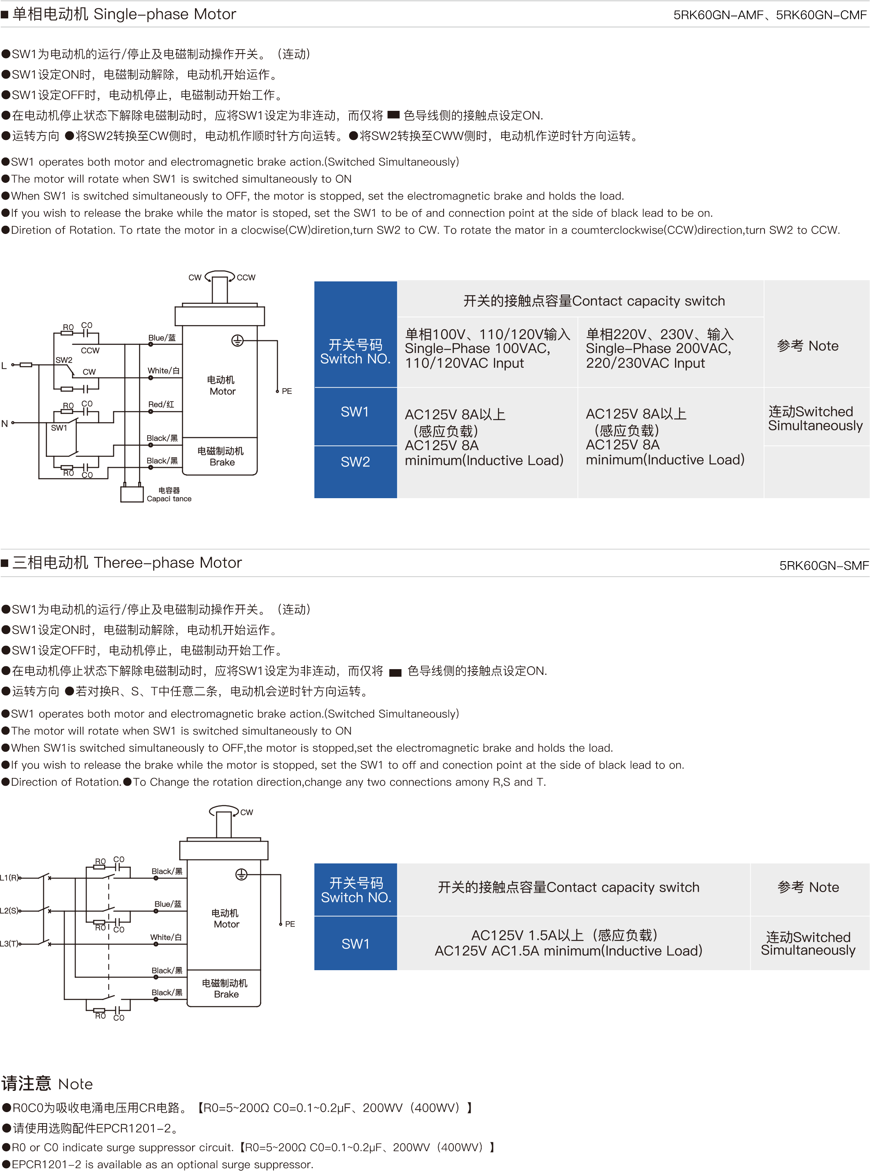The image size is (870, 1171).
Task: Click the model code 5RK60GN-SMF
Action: point(824,565)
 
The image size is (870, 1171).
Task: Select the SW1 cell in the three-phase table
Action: point(355,944)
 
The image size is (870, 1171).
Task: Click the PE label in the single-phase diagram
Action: point(287,391)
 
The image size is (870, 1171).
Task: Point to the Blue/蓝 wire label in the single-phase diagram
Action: point(162,338)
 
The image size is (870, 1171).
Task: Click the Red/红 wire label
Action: point(161,404)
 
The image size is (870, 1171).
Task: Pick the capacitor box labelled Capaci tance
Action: point(132,494)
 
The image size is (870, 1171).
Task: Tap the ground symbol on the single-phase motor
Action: point(238,341)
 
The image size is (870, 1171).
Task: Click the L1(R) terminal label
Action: point(10,878)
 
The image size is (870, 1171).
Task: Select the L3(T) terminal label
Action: point(10,944)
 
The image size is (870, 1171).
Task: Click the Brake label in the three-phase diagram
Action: point(226,994)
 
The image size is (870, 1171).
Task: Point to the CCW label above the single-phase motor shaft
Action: point(246,278)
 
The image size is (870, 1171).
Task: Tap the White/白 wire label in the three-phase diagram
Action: point(166,937)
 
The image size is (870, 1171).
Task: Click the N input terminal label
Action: point(5,423)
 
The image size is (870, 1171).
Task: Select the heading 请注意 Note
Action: point(47,1083)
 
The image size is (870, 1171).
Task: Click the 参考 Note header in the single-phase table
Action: point(808,346)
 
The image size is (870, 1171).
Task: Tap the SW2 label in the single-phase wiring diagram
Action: point(64,360)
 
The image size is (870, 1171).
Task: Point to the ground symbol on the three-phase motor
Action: point(241,874)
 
